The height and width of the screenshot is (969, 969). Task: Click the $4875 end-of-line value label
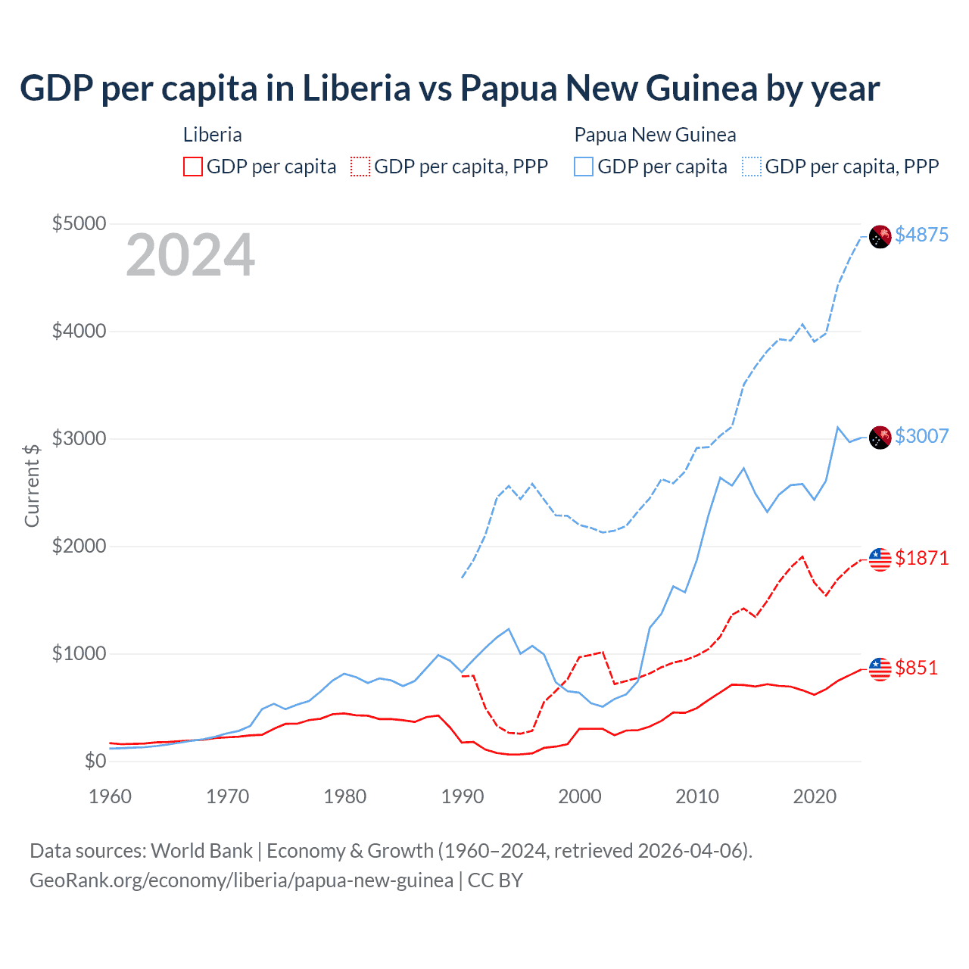click(921, 235)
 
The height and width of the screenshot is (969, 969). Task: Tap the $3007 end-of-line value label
click(921, 436)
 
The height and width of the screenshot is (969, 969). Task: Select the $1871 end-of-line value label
click(921, 558)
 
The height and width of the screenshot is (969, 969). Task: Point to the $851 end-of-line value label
click(916, 668)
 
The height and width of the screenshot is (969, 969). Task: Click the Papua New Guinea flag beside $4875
click(880, 236)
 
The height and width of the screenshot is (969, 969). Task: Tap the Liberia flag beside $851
click(880, 669)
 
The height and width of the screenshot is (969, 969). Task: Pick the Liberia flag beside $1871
click(880, 559)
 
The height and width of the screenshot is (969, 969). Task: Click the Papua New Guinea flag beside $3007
click(880, 438)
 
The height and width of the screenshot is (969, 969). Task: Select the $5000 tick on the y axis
click(79, 224)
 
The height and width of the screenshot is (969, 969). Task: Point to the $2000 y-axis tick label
click(79, 546)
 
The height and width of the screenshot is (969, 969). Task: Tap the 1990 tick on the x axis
click(462, 796)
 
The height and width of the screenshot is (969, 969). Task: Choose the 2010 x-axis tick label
click(696, 796)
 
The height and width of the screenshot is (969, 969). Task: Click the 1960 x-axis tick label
click(111, 796)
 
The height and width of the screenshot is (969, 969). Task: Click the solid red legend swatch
click(193, 167)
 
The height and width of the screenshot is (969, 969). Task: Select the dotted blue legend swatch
click(752, 167)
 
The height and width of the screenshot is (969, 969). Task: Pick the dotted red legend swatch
click(361, 167)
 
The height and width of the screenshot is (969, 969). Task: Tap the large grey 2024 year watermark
click(190, 255)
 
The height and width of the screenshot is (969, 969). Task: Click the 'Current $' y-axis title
click(32, 485)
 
